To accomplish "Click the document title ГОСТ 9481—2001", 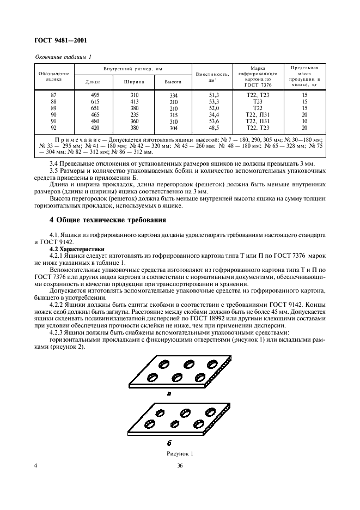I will coord(61,41).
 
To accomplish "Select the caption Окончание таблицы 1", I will coord(63,57).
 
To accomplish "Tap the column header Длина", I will coord(93,82).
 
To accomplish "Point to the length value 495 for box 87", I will coord(94,95).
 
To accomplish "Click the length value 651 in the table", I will coord(94,108).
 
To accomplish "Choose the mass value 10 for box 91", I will coord(304,122).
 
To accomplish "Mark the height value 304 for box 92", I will coord(173,129).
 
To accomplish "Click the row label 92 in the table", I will coord(53,128).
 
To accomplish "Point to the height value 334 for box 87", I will coord(173,96).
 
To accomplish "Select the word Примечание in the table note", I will coord(81,139).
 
